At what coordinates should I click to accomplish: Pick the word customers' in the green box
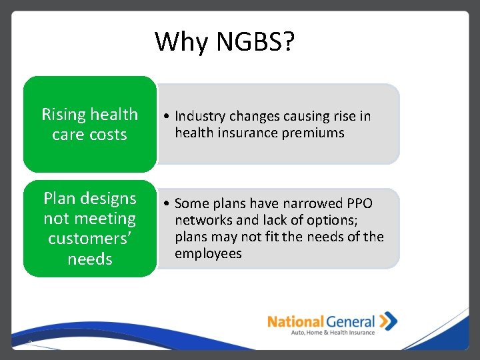pos(89,239)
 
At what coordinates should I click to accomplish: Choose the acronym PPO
pos(359,204)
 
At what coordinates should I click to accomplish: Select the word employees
pos(208,254)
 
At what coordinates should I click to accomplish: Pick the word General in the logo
pos(350,322)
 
